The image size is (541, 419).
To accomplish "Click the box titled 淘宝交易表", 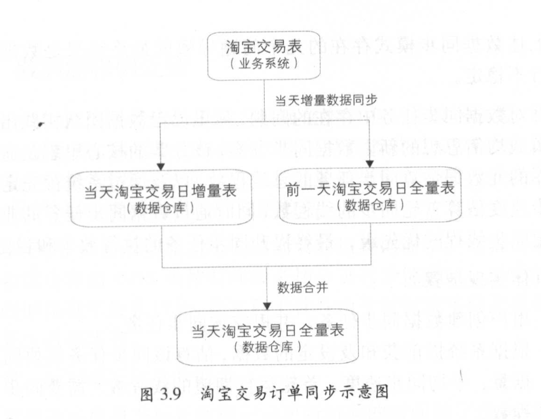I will [264, 55].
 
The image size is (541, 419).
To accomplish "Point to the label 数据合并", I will [303, 288].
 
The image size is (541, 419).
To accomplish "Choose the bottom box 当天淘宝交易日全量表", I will [267, 338].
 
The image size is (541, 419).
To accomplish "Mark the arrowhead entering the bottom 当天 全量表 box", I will [266, 307].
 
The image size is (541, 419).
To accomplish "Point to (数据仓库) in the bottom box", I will [267, 346].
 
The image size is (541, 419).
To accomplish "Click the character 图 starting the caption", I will [148, 394].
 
